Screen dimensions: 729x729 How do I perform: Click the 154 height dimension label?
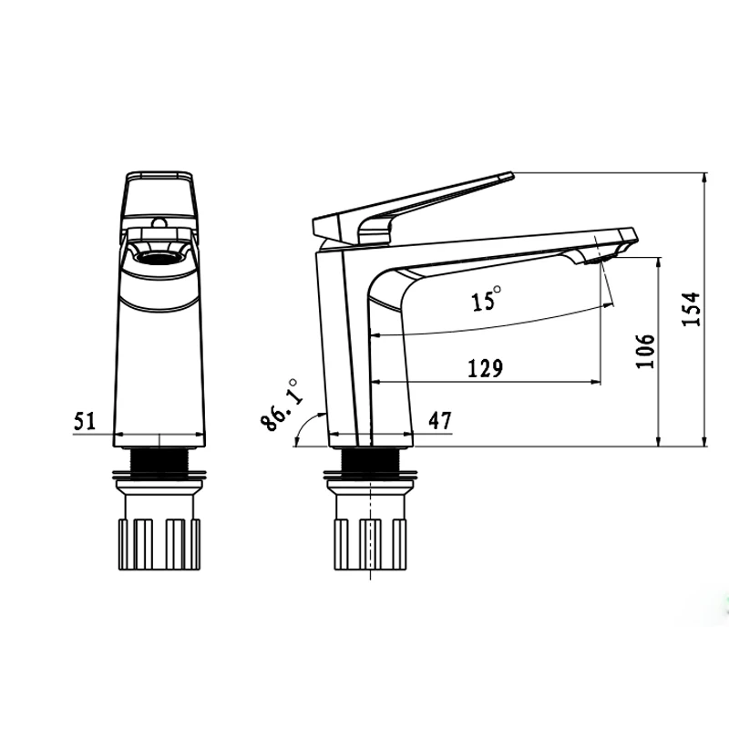(692, 309)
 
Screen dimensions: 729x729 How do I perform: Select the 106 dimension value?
(645, 351)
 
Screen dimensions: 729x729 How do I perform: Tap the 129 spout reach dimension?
(485, 368)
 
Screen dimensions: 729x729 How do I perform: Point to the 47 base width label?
(439, 421)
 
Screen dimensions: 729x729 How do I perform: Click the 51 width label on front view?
(84, 421)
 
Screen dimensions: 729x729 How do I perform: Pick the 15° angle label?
(486, 299)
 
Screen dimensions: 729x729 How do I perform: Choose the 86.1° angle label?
(279, 406)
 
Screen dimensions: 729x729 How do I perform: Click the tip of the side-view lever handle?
(512, 175)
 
